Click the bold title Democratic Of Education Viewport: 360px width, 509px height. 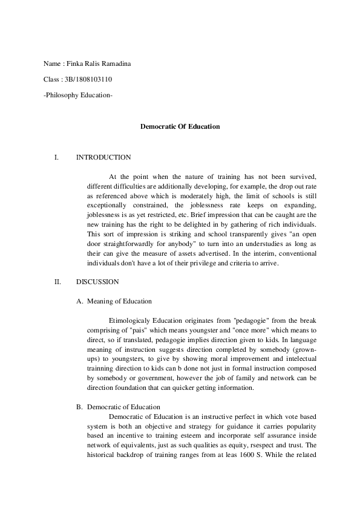point(180,126)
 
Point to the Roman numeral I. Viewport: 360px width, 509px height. point(56,158)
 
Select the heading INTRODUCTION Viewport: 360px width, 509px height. point(103,158)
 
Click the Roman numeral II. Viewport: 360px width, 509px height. point(57,282)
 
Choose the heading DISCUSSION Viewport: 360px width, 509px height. point(97,282)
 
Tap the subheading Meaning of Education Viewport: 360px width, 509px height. point(119,301)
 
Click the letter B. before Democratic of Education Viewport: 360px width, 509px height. point(79,407)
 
